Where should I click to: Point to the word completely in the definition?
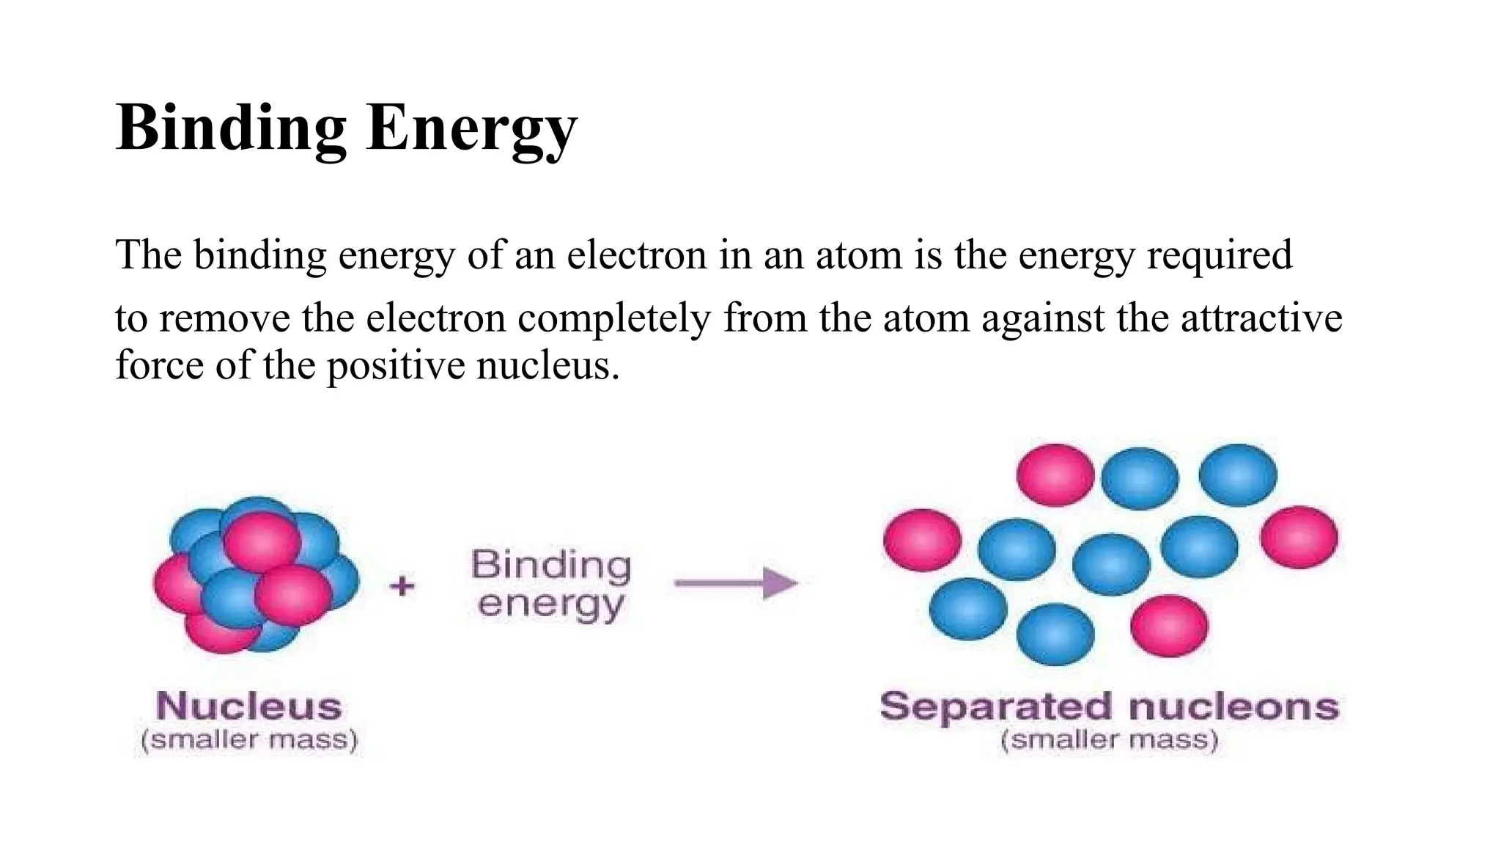(x=614, y=318)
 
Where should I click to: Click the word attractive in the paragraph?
(x=1261, y=318)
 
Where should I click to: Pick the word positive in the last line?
(x=396, y=365)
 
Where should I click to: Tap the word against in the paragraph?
(x=1043, y=318)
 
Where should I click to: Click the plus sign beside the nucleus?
(x=402, y=585)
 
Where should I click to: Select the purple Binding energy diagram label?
(x=550, y=585)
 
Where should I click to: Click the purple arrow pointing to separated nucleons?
(x=736, y=584)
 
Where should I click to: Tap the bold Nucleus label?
(x=249, y=706)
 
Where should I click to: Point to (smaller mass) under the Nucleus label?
(x=249, y=739)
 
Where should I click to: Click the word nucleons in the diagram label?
(x=1234, y=707)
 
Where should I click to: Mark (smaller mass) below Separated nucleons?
(x=1109, y=739)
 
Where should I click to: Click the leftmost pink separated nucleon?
(x=922, y=540)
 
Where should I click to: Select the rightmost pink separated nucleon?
(x=1299, y=537)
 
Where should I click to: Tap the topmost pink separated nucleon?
(x=1055, y=475)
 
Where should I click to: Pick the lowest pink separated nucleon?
(x=1169, y=626)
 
